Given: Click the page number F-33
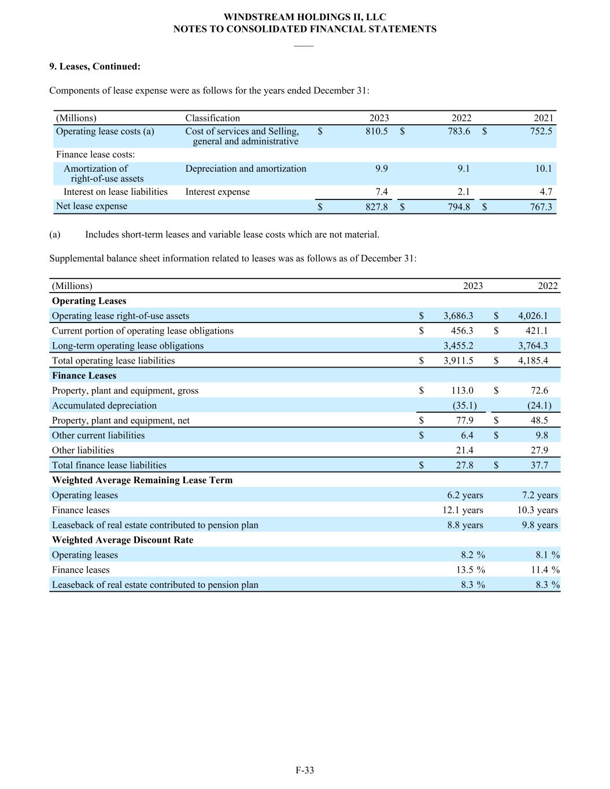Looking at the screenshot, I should [305, 770].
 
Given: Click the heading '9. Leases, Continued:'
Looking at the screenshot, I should [95, 66].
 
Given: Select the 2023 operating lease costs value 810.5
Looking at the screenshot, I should [376, 131].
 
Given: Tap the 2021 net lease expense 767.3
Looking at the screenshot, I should [541, 206].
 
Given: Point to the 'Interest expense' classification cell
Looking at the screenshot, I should [217, 192].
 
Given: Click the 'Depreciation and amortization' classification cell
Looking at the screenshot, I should [246, 169].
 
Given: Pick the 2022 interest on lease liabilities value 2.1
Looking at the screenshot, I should [463, 192].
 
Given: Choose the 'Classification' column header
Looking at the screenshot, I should [212, 118].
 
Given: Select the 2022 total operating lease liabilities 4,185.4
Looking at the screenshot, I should [533, 361].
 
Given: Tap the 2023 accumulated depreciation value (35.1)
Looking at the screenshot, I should [464, 406].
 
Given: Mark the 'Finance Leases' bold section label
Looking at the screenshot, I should [84, 376].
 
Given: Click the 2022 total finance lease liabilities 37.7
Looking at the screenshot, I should [539, 465].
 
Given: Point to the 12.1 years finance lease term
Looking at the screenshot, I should [463, 510].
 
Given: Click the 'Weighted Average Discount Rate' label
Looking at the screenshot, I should [123, 540].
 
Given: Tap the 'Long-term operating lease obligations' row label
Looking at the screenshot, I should [128, 346].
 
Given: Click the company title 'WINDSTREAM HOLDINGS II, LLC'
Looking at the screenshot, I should [305, 17].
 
